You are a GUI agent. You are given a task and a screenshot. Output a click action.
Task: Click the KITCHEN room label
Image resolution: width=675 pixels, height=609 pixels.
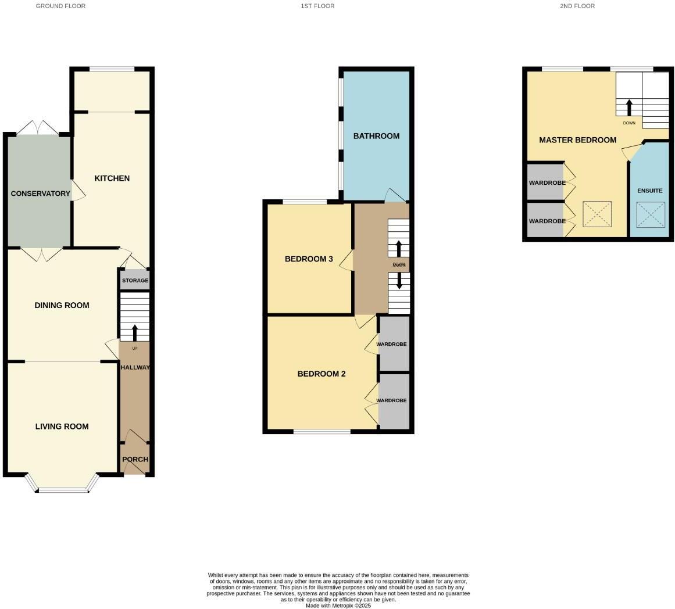click(x=112, y=178)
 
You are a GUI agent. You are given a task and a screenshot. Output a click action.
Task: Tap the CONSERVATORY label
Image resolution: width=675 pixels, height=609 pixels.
click(x=40, y=194)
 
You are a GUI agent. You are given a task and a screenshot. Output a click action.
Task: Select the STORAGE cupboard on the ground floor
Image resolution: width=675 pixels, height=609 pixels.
click(x=135, y=281)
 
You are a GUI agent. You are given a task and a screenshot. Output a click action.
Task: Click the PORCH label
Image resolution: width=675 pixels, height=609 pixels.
click(x=135, y=459)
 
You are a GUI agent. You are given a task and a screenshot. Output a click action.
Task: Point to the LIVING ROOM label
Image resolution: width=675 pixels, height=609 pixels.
click(x=62, y=427)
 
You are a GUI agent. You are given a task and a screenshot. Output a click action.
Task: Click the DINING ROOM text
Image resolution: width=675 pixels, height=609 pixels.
click(x=62, y=305)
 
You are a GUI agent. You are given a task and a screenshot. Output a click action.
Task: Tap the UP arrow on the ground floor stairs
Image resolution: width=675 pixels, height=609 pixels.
click(x=135, y=332)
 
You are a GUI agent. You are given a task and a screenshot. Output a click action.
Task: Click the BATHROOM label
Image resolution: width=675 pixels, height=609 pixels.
click(x=376, y=136)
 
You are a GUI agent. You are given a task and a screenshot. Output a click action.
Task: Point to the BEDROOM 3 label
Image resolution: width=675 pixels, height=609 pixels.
click(x=308, y=259)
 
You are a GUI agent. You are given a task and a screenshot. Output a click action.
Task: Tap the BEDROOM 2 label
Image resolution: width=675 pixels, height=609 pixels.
click(x=321, y=374)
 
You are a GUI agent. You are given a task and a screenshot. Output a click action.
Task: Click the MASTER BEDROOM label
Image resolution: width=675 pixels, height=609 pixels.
click(x=577, y=140)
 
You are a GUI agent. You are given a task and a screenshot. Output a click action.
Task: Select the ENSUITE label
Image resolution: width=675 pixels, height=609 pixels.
click(x=649, y=191)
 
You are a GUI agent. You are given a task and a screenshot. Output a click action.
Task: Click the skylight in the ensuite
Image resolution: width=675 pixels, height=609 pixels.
click(x=650, y=214)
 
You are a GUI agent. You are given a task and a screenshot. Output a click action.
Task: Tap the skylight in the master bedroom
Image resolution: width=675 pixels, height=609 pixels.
click(x=597, y=214)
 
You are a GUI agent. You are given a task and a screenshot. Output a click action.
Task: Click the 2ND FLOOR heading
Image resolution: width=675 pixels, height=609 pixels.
click(x=577, y=6)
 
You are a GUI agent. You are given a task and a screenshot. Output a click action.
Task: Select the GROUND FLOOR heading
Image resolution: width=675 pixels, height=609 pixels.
click(x=60, y=6)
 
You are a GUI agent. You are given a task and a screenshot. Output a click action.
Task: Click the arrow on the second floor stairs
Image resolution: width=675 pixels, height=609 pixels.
click(x=628, y=108)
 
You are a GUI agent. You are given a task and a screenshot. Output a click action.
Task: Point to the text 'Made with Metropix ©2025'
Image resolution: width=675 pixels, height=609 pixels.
click(x=338, y=606)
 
